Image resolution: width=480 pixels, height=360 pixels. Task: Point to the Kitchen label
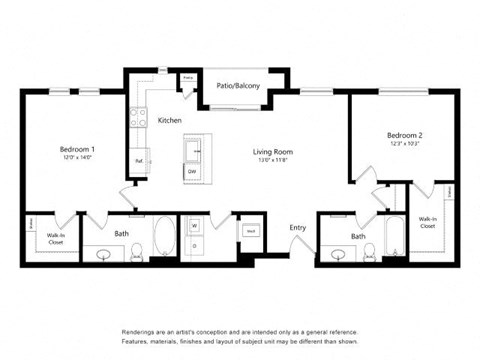tap(170, 120)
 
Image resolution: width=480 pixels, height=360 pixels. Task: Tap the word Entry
tap(298, 228)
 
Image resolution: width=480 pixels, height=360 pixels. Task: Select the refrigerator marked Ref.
tap(138, 160)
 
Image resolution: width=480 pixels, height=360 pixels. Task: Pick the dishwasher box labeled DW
tap(192, 172)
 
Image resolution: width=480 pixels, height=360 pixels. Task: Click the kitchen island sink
tap(192, 151)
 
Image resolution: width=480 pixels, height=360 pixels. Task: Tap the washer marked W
tap(193, 227)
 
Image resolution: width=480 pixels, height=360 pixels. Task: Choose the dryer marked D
tap(193, 247)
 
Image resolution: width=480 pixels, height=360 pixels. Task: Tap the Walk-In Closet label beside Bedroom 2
tap(427, 222)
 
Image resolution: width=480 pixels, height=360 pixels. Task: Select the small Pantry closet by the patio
tap(187, 78)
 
